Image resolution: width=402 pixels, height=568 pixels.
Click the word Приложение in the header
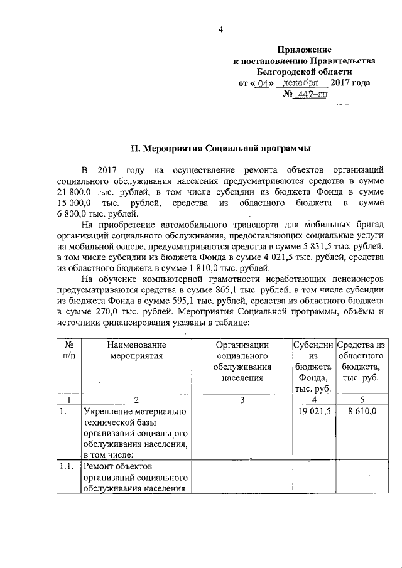[x=304, y=49]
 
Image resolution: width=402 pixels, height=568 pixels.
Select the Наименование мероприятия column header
[x=136, y=350]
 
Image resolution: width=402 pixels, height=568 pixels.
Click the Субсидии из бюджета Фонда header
[x=313, y=367]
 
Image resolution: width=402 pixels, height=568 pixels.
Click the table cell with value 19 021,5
[x=313, y=412]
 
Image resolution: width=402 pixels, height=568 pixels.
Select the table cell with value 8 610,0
[x=360, y=412]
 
